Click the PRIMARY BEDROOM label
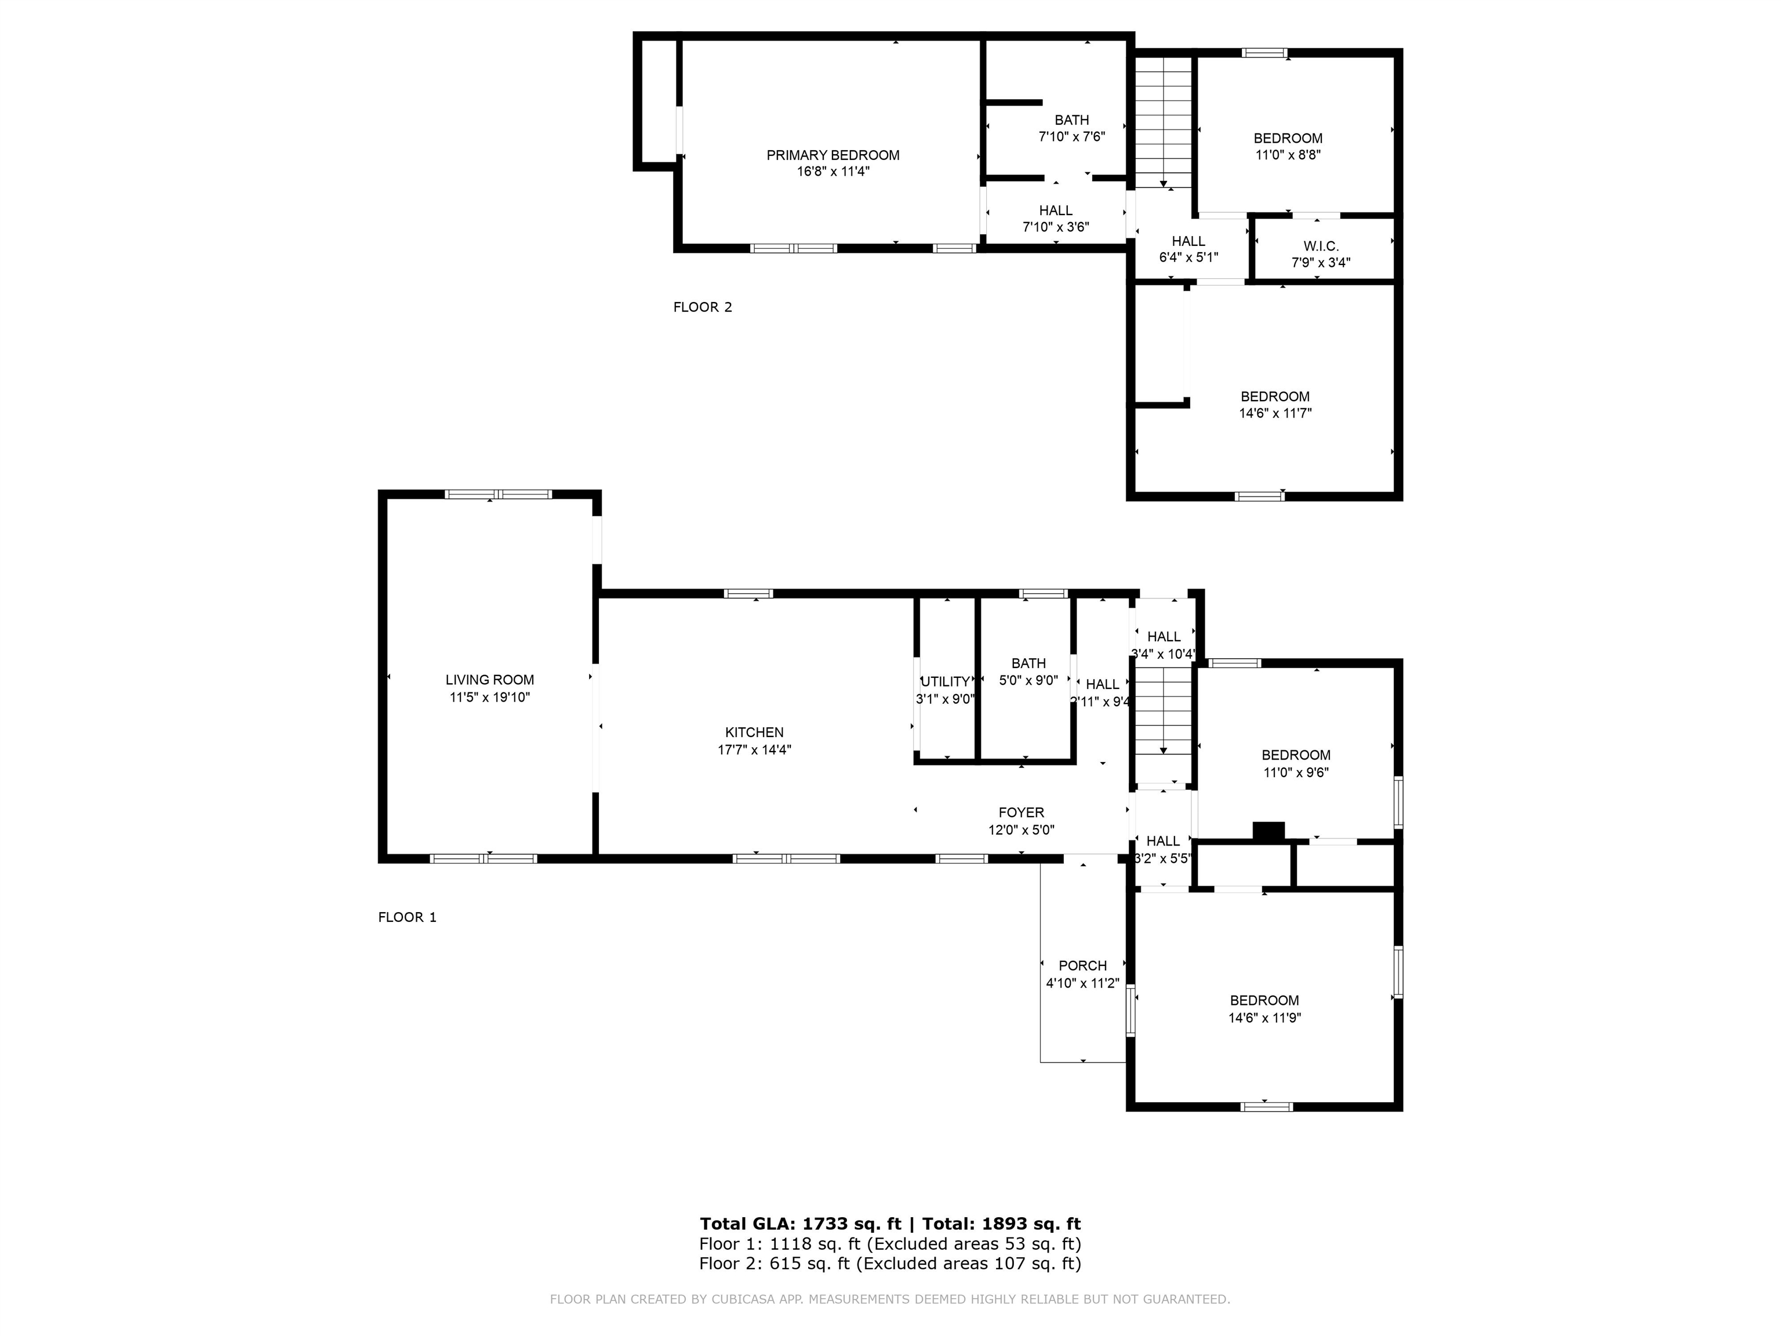click(833, 155)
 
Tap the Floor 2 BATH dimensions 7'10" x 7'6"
click(1071, 137)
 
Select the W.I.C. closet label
click(1321, 246)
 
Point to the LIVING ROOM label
click(489, 680)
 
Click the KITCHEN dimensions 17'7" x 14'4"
click(754, 750)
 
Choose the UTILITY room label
click(945, 681)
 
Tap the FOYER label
click(1021, 812)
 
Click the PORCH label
click(1082, 965)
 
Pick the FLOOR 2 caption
click(702, 307)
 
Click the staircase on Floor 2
click(1162, 121)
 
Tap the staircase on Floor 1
click(1162, 713)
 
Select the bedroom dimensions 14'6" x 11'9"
click(1264, 1018)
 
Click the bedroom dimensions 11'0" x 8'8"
click(1288, 155)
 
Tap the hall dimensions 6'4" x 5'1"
click(1188, 257)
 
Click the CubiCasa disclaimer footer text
click(890, 1299)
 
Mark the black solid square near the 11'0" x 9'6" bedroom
click(1268, 831)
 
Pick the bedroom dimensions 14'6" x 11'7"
click(1274, 413)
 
